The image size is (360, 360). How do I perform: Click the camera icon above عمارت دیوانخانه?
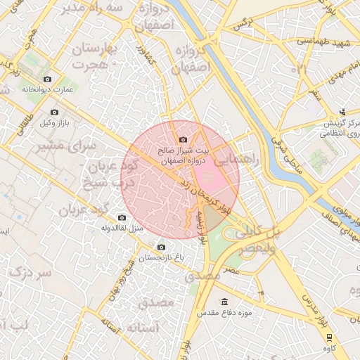tap(47, 79)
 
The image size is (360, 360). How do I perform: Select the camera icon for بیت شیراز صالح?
tap(184, 139)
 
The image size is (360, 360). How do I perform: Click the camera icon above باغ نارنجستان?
tap(161, 247)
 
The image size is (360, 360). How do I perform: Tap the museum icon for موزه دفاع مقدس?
tap(224, 302)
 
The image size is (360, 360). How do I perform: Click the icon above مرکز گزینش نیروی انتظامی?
tap(342, 111)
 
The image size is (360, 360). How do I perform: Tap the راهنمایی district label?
tap(240, 158)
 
